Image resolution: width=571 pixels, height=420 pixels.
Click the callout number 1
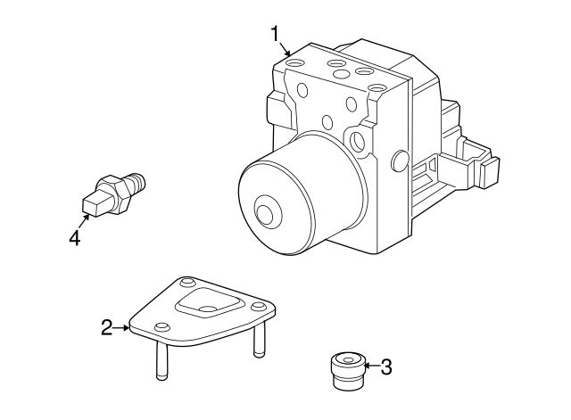click(x=277, y=35)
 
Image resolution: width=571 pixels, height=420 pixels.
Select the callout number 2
click(x=107, y=328)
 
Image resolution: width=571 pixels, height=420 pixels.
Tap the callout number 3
click(x=385, y=366)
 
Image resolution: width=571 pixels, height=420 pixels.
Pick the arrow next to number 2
click(x=123, y=328)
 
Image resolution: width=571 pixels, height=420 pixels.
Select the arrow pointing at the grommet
click(x=369, y=365)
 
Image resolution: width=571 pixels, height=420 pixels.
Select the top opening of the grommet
click(x=347, y=360)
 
